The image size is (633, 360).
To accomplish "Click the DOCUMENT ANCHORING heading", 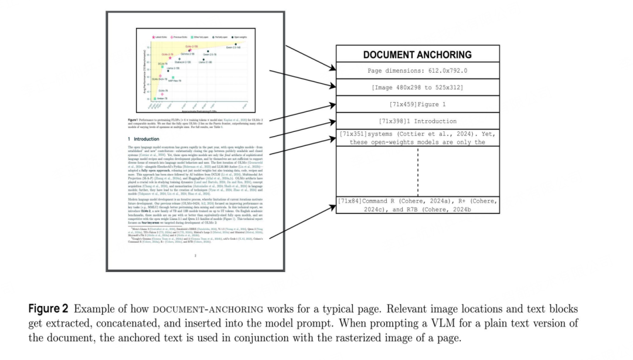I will coord(417,55).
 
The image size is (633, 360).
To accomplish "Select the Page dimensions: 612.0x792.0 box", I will coord(417,71).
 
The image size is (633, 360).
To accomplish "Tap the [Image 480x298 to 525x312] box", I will coord(417,87).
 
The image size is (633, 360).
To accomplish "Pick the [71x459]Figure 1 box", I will coord(417,104).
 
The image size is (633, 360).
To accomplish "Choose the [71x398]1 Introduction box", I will coord(417,121).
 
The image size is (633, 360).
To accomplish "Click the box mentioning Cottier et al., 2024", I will coord(417,138).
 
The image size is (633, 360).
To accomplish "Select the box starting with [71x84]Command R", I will coord(417,205).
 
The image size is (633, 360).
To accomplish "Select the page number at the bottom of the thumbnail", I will coord(195,256).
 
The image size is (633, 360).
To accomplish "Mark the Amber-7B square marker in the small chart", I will coord(155,98).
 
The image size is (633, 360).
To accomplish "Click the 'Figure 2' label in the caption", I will coord(49,309).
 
